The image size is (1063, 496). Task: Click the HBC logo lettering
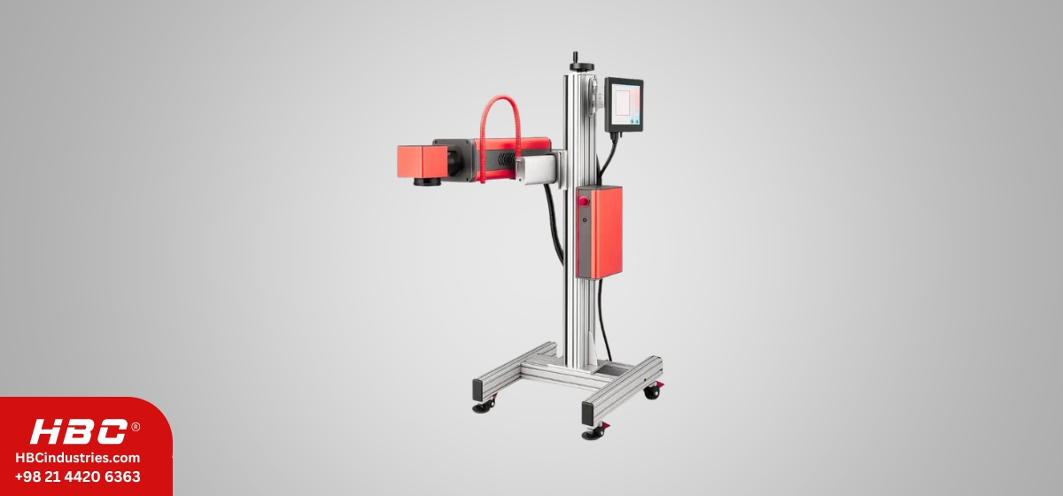tap(79, 431)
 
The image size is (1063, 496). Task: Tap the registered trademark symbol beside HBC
tap(136, 427)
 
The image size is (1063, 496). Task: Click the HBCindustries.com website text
tap(78, 458)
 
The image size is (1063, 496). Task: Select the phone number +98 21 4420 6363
tap(78, 477)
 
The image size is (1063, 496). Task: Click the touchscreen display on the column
tap(624, 105)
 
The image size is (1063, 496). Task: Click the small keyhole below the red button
tap(584, 221)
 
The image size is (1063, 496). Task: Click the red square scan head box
tap(422, 162)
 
